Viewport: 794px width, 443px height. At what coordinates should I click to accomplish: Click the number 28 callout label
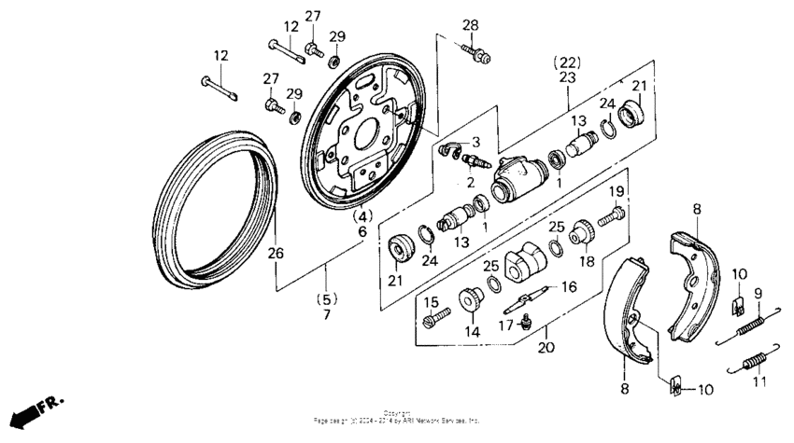[x=470, y=24]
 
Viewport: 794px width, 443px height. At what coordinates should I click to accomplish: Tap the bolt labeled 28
[x=478, y=53]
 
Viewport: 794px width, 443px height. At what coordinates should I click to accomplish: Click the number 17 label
[x=505, y=325]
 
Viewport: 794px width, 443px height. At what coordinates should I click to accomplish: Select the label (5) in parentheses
[x=327, y=299]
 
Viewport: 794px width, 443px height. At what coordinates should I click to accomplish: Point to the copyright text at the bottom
[x=396, y=416]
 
